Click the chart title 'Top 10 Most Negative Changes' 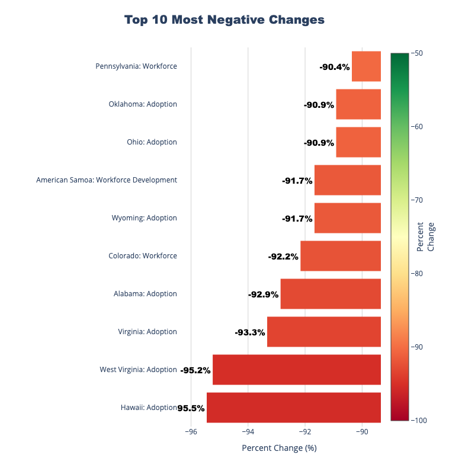pos(224,20)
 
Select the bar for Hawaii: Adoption pos(293,408)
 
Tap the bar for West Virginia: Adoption pos(296,370)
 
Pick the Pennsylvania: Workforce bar pos(366,66)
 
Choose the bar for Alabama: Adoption pos(331,294)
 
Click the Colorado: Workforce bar pos(341,256)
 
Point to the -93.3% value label pos(250,332)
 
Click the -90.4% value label pos(335,67)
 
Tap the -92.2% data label pos(283,257)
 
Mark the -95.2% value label pos(195,370)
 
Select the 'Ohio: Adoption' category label pos(152,142)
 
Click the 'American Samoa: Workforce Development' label pos(107,180)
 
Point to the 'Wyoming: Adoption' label pos(144,218)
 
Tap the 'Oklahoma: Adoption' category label pos(143,104)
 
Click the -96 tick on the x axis pos(191,432)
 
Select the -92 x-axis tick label pos(305,432)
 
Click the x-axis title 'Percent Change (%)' pos(279,448)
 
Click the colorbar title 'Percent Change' pos(425,236)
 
